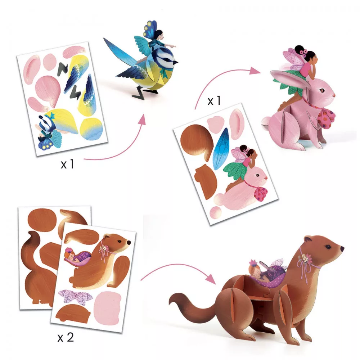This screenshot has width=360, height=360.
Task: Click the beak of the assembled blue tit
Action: [175, 62]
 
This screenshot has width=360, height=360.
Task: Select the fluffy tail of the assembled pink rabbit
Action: [266, 122]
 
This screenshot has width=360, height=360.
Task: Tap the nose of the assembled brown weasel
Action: [342, 249]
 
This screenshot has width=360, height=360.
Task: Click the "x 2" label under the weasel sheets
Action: [66, 337]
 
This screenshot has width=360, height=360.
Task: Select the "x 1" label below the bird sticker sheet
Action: [67, 165]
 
